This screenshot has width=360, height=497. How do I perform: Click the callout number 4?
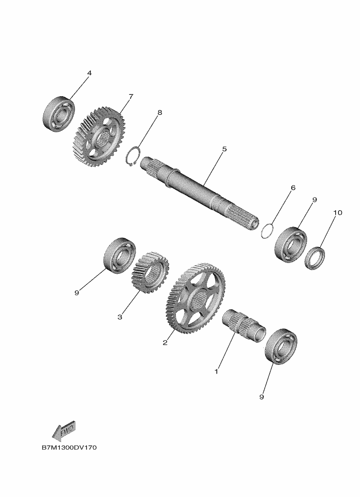pyautogui.click(x=89, y=73)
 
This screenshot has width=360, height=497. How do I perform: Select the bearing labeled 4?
pyautogui.click(x=59, y=113)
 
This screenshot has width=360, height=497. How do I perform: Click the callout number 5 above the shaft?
pyautogui.click(x=224, y=149)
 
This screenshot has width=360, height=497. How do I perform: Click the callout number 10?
pyautogui.click(x=338, y=213)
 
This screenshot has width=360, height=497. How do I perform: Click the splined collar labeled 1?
pyautogui.click(x=244, y=326)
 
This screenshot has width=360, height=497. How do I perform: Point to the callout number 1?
pyautogui.click(x=216, y=371)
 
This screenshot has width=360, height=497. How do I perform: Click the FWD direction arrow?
pyautogui.click(x=64, y=431)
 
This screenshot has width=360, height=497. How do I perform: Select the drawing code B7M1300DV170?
pyautogui.click(x=69, y=447)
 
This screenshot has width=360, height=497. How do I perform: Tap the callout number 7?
pyautogui.click(x=130, y=96)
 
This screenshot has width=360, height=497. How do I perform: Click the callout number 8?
pyautogui.click(x=159, y=113)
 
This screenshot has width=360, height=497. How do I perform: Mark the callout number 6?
pyautogui.click(x=293, y=188)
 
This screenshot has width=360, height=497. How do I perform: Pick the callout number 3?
pyautogui.click(x=120, y=317)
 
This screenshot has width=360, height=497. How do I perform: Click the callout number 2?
pyautogui.click(x=165, y=343)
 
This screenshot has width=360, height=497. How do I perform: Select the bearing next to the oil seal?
pyautogui.click(x=291, y=244)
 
